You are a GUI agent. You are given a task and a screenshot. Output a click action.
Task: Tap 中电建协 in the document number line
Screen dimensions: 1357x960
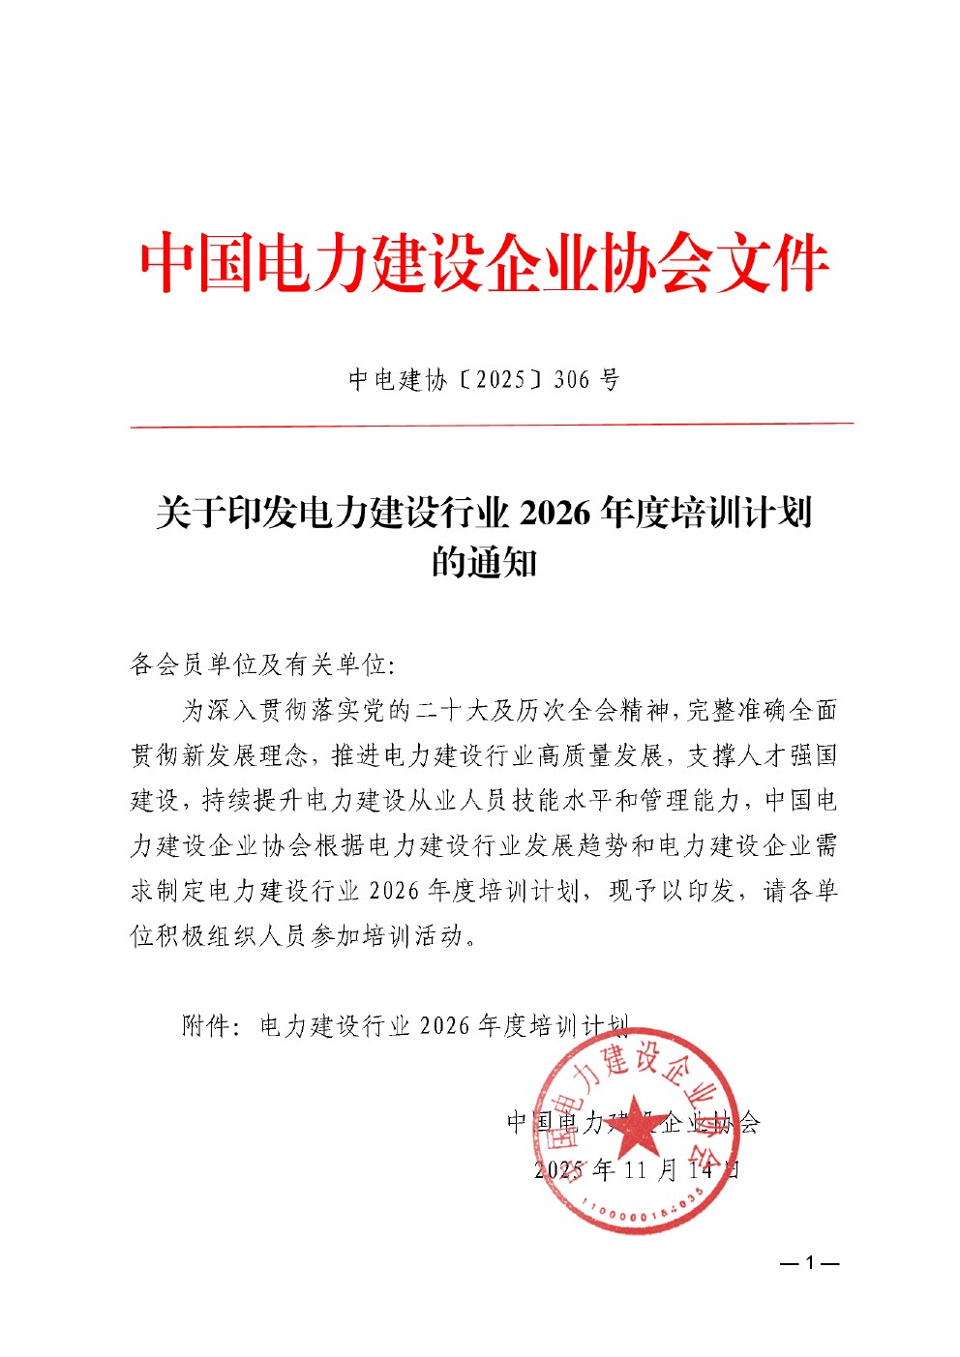(397, 380)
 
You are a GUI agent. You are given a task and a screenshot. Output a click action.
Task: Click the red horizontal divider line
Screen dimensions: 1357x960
(492, 424)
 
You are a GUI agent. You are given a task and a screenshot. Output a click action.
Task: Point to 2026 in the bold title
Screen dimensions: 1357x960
(555, 513)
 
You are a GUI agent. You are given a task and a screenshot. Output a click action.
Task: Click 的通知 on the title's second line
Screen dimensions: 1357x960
(484, 562)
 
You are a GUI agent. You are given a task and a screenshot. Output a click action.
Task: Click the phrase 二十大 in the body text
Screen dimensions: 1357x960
(451, 711)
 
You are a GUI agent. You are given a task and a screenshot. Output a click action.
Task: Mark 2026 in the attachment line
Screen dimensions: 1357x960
(446, 1025)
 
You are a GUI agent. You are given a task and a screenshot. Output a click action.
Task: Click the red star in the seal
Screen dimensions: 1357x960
(634, 1124)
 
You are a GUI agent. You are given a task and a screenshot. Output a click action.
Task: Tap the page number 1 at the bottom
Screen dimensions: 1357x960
(809, 1263)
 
